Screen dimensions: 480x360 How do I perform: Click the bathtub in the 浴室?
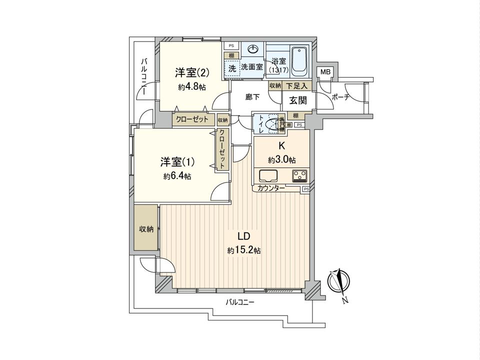point(300,61)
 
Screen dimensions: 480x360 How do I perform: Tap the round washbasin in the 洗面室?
point(253,49)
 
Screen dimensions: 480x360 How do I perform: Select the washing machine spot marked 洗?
point(232,68)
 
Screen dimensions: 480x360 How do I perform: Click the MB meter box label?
point(325,72)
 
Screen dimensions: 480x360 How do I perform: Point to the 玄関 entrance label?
point(298,100)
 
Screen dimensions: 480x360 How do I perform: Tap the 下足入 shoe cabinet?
point(297,86)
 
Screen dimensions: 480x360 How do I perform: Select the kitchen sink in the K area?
point(268,175)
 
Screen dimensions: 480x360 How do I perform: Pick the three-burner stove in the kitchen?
point(300,175)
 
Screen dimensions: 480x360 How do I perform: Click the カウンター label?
point(271,188)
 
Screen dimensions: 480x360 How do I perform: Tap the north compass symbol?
point(339,281)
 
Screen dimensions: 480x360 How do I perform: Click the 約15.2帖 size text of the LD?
point(244,250)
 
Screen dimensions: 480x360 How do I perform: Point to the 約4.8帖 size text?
point(192,87)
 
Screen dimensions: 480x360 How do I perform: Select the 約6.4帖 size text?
point(177,176)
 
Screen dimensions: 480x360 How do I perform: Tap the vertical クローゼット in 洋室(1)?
point(222,149)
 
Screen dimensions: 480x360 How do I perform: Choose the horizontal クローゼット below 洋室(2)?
point(193,119)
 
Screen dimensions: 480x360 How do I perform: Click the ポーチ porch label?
point(340,97)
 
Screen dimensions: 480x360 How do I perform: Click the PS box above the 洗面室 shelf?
point(231,46)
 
